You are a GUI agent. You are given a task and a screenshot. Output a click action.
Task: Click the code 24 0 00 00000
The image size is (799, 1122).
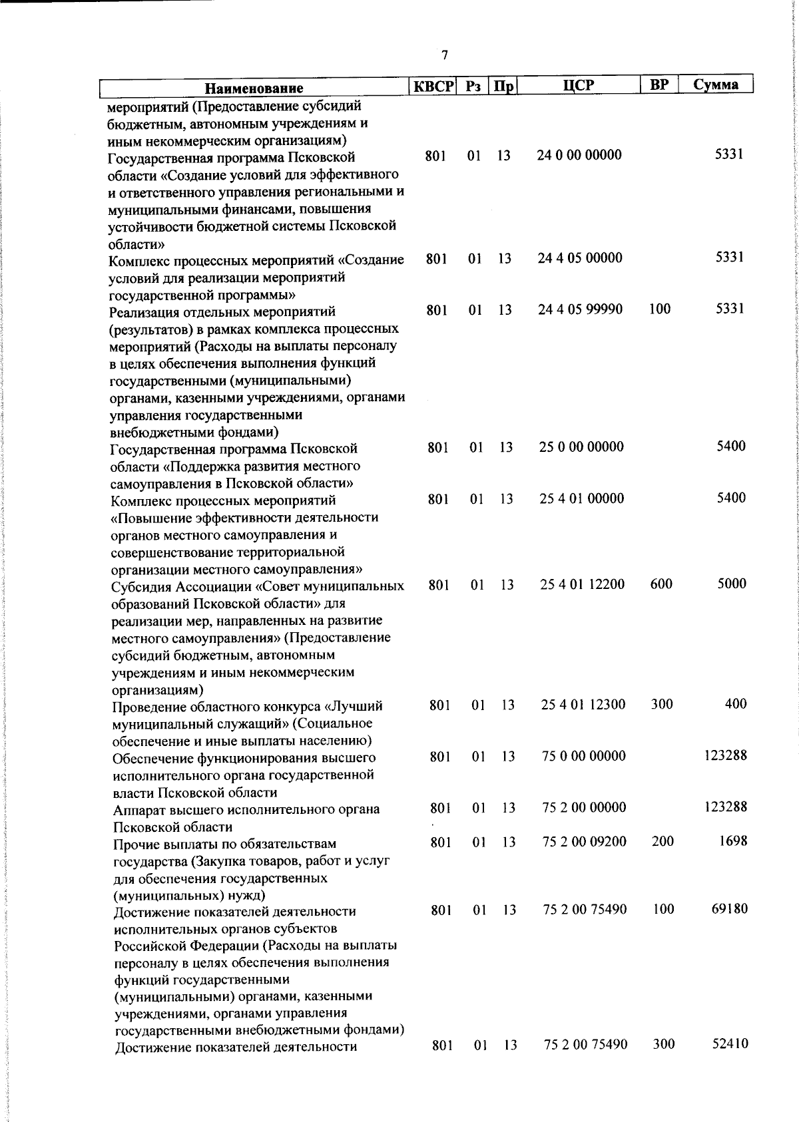(579, 155)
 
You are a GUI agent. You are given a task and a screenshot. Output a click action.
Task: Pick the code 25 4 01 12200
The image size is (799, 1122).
(583, 584)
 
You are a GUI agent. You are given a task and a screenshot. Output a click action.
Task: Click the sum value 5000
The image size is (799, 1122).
(732, 584)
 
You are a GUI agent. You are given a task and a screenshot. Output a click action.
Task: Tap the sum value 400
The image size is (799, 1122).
(736, 703)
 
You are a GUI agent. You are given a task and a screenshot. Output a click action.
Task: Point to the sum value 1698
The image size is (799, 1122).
(733, 841)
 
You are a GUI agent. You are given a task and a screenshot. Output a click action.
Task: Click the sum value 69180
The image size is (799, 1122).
(730, 908)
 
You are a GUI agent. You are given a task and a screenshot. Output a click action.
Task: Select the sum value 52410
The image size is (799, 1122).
(730, 1044)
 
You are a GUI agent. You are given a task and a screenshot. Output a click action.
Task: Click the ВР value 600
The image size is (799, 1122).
(661, 584)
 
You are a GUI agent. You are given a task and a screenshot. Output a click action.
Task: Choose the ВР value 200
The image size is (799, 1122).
(663, 841)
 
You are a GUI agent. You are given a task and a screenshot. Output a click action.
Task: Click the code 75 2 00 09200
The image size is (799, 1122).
(585, 842)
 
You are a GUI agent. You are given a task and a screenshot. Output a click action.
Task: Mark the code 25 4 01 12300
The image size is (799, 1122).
(583, 704)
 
